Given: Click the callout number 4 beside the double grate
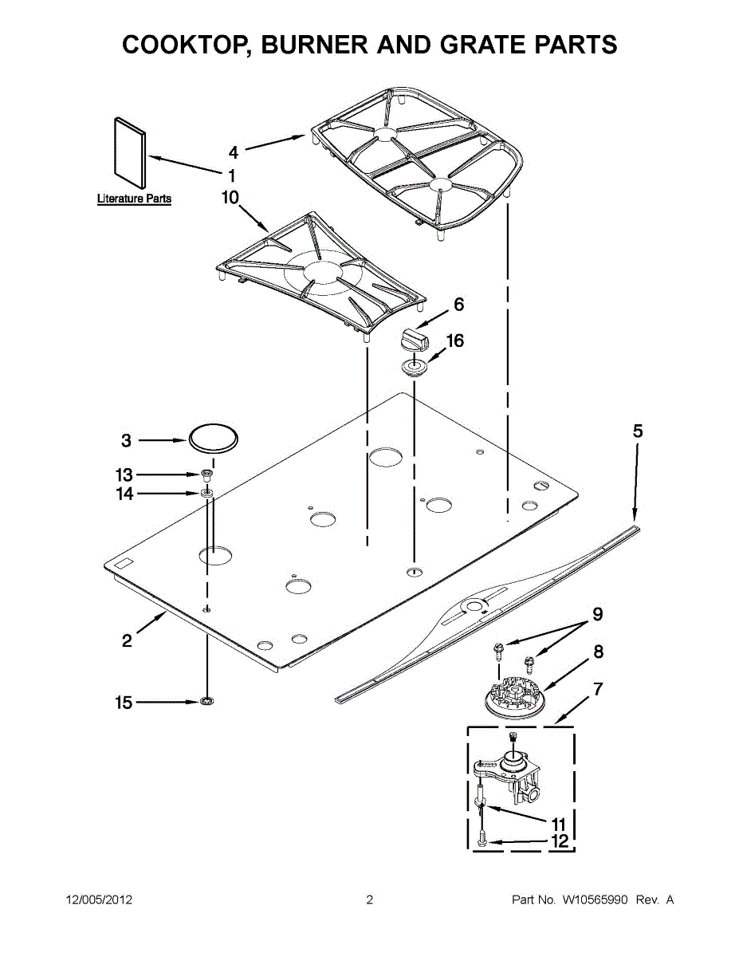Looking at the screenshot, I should [233, 152].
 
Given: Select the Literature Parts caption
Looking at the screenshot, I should [134, 199].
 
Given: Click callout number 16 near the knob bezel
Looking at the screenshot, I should [454, 341].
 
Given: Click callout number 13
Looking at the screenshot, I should [124, 475].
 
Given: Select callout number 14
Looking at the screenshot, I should [124, 494].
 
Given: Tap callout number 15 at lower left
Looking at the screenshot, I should [124, 703].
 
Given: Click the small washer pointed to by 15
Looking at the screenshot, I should [206, 702].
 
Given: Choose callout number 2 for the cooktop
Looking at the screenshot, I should [128, 640].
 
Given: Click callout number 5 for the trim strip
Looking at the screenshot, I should [638, 431].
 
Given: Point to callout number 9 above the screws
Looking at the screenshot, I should [596, 614].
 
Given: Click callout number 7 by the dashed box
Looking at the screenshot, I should [597, 689].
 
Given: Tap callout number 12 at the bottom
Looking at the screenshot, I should [559, 841].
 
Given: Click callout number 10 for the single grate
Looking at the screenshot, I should [230, 198].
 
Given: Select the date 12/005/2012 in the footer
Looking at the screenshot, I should [98, 900].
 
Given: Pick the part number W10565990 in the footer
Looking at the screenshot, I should [596, 900].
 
